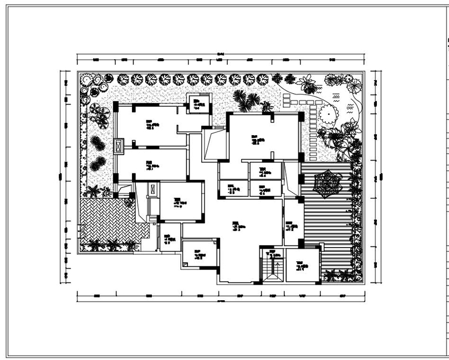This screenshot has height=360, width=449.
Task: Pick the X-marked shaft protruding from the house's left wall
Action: (119, 147)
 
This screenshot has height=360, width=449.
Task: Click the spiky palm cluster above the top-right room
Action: (246, 100)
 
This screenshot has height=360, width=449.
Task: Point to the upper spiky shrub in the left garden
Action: (98, 143)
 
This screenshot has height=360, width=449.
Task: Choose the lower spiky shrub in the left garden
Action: (98, 163)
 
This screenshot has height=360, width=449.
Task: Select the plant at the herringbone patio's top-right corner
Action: (129, 202)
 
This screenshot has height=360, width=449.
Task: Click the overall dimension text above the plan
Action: (220, 54)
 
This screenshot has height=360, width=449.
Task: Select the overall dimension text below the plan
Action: (220, 301)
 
